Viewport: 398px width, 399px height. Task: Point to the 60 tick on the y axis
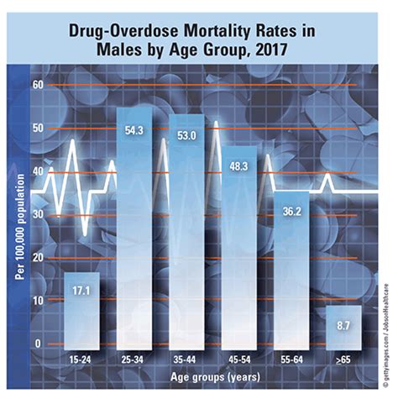click(37, 85)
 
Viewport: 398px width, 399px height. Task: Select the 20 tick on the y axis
click(37, 258)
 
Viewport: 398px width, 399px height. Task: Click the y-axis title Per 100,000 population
click(15, 214)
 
